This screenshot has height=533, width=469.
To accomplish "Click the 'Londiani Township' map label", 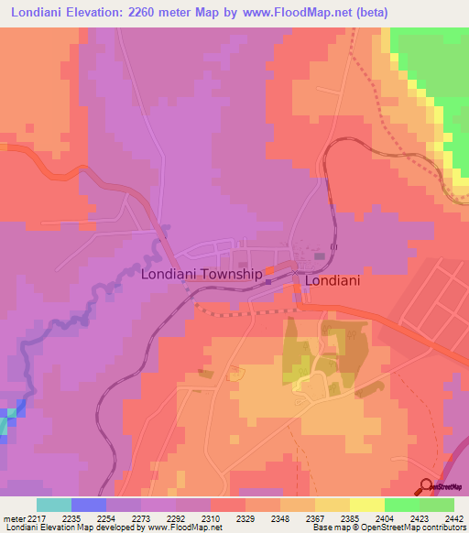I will (201, 274).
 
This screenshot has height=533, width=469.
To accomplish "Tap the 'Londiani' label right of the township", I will (332, 282).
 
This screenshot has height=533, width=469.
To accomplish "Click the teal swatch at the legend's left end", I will (54, 505).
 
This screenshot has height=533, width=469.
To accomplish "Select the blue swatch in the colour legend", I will (89, 505).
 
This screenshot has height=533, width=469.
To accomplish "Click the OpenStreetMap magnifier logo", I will (426, 486).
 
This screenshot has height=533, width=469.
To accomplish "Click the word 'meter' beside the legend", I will (14, 519).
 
